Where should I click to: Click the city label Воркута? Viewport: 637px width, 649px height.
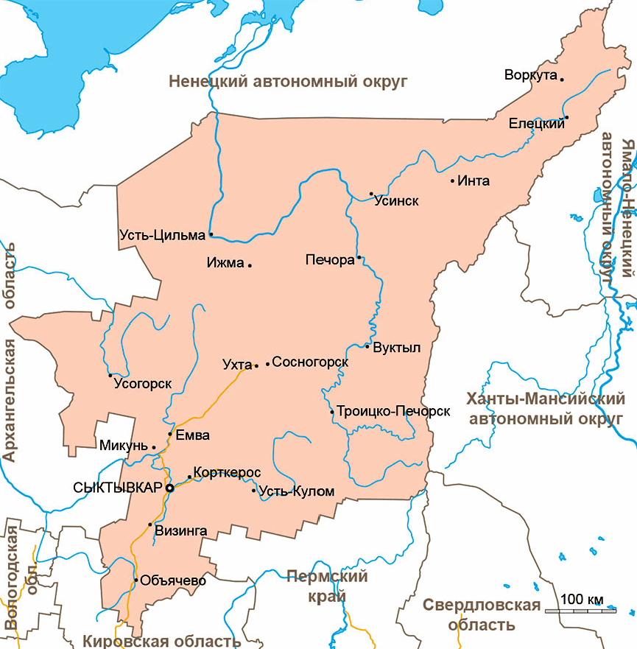click(x=530, y=75)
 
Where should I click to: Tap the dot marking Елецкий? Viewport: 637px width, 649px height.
click(x=567, y=117)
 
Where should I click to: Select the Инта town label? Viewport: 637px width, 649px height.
click(x=474, y=181)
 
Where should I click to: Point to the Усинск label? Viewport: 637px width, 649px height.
click(x=396, y=200)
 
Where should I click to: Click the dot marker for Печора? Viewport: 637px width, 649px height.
click(x=359, y=258)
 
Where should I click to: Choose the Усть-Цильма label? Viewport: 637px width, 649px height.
click(x=161, y=236)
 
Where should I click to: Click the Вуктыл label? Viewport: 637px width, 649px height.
click(x=396, y=348)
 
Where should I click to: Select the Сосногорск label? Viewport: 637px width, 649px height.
click(x=310, y=362)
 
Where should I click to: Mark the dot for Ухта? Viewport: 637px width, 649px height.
click(x=256, y=365)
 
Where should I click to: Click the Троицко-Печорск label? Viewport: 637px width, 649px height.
click(x=394, y=412)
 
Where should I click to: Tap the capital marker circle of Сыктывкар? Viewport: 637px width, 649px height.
click(x=170, y=488)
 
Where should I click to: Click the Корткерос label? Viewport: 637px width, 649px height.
click(x=227, y=472)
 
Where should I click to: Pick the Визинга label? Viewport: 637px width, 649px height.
click(x=182, y=530)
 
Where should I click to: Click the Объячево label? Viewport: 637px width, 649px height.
click(x=172, y=580)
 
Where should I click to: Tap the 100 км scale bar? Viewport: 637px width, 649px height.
click(x=581, y=609)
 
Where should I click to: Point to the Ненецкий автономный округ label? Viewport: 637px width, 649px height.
click(x=288, y=82)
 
